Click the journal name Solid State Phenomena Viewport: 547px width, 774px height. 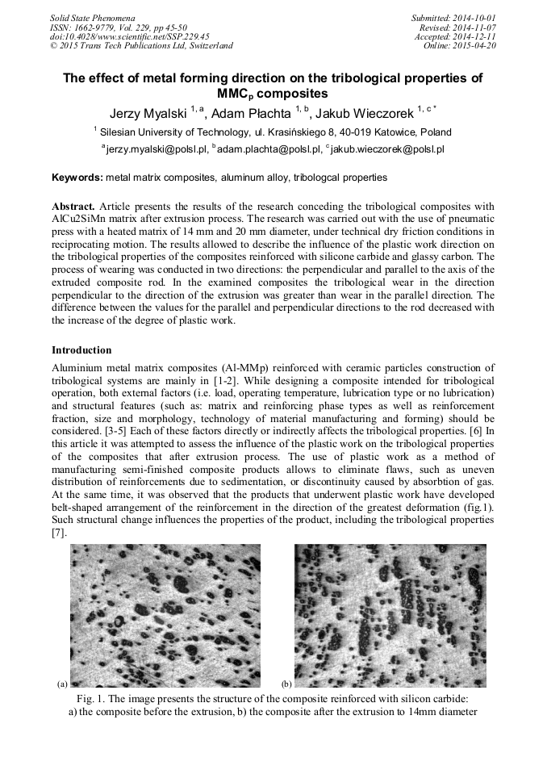click(92, 17)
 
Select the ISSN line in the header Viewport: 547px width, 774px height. click(111, 27)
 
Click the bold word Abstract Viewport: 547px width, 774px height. click(73, 207)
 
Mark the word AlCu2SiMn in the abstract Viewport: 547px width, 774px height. click(80, 218)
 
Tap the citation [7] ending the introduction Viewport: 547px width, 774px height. click(58, 533)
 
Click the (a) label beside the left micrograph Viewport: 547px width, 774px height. click(62, 684)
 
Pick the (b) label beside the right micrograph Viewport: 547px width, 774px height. click(286, 684)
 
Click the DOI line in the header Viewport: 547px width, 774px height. click(118, 36)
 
